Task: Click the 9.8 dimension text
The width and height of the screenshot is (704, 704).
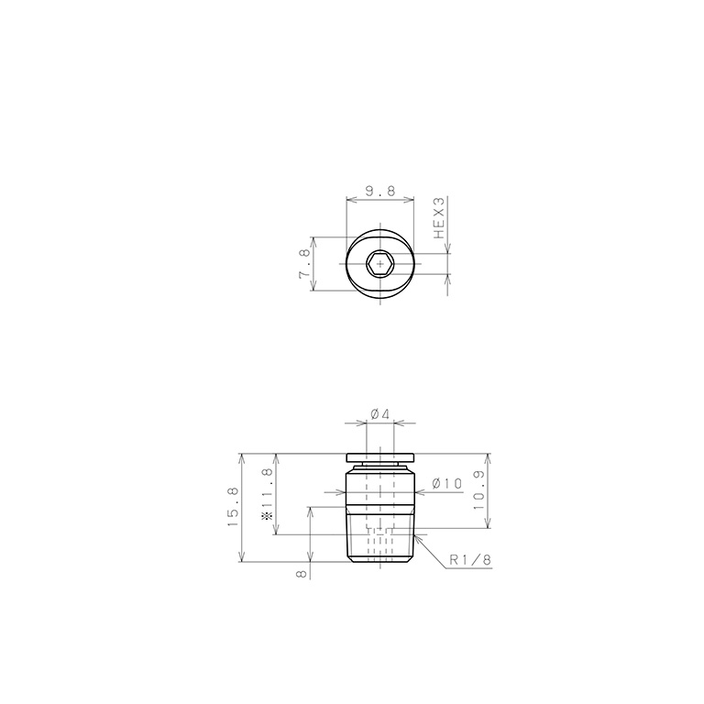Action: tap(379, 191)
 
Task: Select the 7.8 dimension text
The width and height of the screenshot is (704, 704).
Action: tap(304, 264)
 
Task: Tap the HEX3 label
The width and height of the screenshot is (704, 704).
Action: tap(439, 217)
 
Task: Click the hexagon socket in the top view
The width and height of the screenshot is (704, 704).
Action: tap(379, 264)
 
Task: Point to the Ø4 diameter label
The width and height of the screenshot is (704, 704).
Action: tap(379, 414)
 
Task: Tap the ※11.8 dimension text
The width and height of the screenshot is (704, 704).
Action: tap(268, 494)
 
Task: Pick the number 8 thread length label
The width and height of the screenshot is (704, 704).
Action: tap(301, 573)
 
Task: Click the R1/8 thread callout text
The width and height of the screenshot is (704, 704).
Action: tap(471, 561)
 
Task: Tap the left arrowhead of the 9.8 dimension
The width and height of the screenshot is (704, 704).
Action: tap(351, 199)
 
